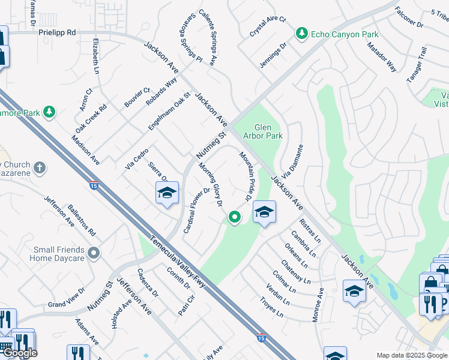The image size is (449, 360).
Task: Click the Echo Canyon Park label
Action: [x=345, y=34]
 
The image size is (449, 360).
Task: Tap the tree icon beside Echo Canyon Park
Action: [x=303, y=34]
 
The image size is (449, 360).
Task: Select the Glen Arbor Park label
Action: [x=268, y=131]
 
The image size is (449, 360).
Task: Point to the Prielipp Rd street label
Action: [x=57, y=32]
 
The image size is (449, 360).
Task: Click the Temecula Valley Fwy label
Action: [x=178, y=262]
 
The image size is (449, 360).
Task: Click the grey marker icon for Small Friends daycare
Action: [x=92, y=253]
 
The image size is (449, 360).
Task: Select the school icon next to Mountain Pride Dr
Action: [x=264, y=212]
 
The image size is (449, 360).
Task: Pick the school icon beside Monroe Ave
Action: [x=354, y=291]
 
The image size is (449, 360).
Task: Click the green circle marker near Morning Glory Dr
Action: [x=235, y=217]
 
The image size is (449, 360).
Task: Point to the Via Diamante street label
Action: [x=290, y=164]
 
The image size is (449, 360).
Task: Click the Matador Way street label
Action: [x=382, y=57]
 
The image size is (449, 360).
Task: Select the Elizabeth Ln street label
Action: [x=96, y=56]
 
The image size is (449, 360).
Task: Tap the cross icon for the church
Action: [x=40, y=168]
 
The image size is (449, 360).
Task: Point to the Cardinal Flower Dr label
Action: [x=197, y=211]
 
